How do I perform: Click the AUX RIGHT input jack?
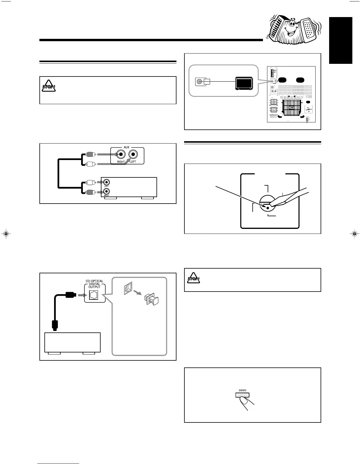click(x=121, y=154)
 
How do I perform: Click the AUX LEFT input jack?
click(x=134, y=154)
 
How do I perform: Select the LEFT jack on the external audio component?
click(x=106, y=182)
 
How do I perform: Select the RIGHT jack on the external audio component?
click(x=106, y=192)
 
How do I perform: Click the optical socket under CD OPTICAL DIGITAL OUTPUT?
click(x=94, y=294)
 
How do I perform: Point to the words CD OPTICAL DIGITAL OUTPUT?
click(x=94, y=284)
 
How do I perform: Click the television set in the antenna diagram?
click(x=244, y=83)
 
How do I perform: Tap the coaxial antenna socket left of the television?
click(x=199, y=82)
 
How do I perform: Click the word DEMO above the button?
click(x=242, y=390)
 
